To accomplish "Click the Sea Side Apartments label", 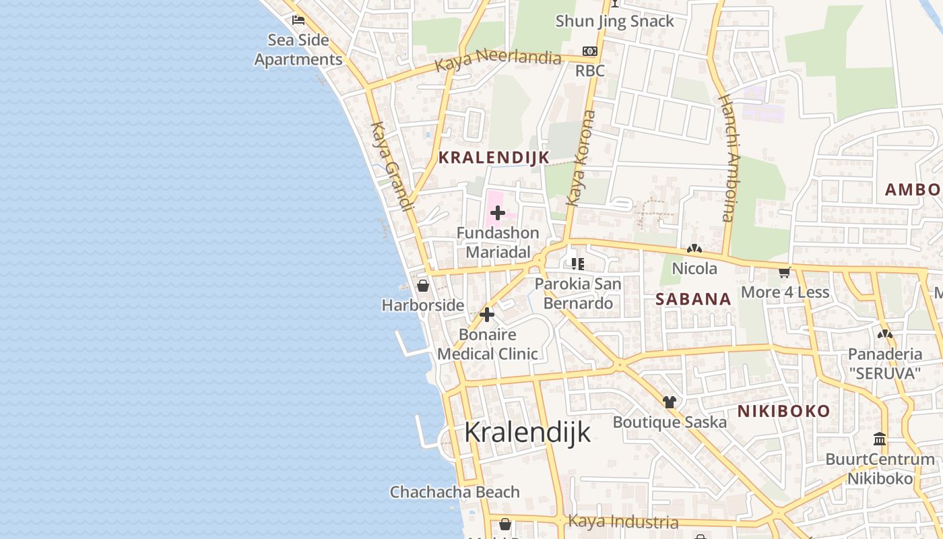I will coord(298,50).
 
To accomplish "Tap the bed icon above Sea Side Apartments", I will coord(298,20).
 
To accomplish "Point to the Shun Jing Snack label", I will coord(614,22).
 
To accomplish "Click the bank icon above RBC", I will coord(590,51).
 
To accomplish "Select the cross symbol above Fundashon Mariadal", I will coord(498,214).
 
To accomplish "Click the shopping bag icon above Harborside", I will coord(423,286).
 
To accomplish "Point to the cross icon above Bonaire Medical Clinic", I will coord(487,315).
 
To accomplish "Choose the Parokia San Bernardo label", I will coord(578,293).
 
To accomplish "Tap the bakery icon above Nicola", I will coord(694,249).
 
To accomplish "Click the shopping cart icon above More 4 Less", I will coord(785,272).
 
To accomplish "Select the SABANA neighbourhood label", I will coord(694,299).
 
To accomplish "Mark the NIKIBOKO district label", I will coord(783,411).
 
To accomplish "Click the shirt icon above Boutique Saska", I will coord(669,402).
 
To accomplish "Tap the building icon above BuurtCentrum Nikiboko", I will coord(880,439).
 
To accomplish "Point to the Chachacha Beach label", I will coord(455,492).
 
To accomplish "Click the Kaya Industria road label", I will coord(623,521).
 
